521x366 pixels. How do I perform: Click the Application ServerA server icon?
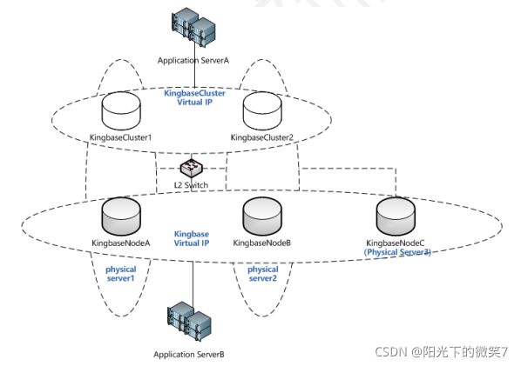point(193,27)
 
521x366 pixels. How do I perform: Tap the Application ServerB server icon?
point(189,321)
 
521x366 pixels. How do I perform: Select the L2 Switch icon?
point(192,168)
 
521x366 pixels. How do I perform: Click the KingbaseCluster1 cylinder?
point(121,111)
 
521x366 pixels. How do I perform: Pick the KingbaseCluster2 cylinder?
point(262,111)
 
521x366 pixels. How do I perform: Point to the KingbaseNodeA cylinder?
point(121,216)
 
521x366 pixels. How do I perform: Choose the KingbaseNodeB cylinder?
point(262,216)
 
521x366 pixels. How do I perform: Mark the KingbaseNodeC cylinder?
point(396,216)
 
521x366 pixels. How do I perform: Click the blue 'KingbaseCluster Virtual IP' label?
point(194,97)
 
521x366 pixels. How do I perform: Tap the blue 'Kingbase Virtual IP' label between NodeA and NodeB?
point(192,238)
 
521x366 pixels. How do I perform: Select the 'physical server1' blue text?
point(120,274)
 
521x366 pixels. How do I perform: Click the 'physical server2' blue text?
point(263,274)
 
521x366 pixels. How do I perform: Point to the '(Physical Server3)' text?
point(397,252)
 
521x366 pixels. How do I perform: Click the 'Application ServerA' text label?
point(193,61)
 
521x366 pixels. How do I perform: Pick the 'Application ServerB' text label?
point(189,355)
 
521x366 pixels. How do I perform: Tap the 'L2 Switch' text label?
point(191,185)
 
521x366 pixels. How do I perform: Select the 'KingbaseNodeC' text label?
point(395,243)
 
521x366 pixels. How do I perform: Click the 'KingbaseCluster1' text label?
point(120,137)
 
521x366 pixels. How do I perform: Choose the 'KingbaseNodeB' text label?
point(262,243)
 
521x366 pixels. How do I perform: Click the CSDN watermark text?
point(442,351)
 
